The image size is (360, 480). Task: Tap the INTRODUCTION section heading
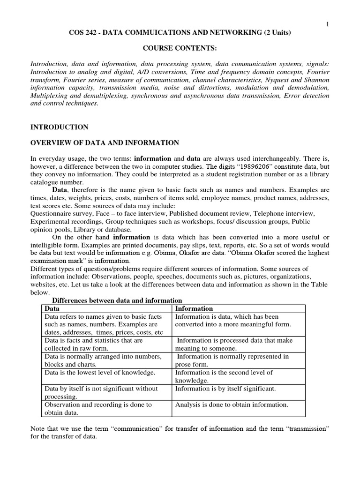59,127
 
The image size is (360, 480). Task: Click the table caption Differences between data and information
117,300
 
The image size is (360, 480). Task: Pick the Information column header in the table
194,308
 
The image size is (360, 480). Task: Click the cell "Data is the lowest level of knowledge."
98,372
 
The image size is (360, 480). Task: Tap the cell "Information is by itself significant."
225,388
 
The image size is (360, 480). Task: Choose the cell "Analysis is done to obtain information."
232,404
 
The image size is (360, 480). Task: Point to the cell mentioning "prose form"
232,360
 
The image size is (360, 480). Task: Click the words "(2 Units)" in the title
273,32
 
